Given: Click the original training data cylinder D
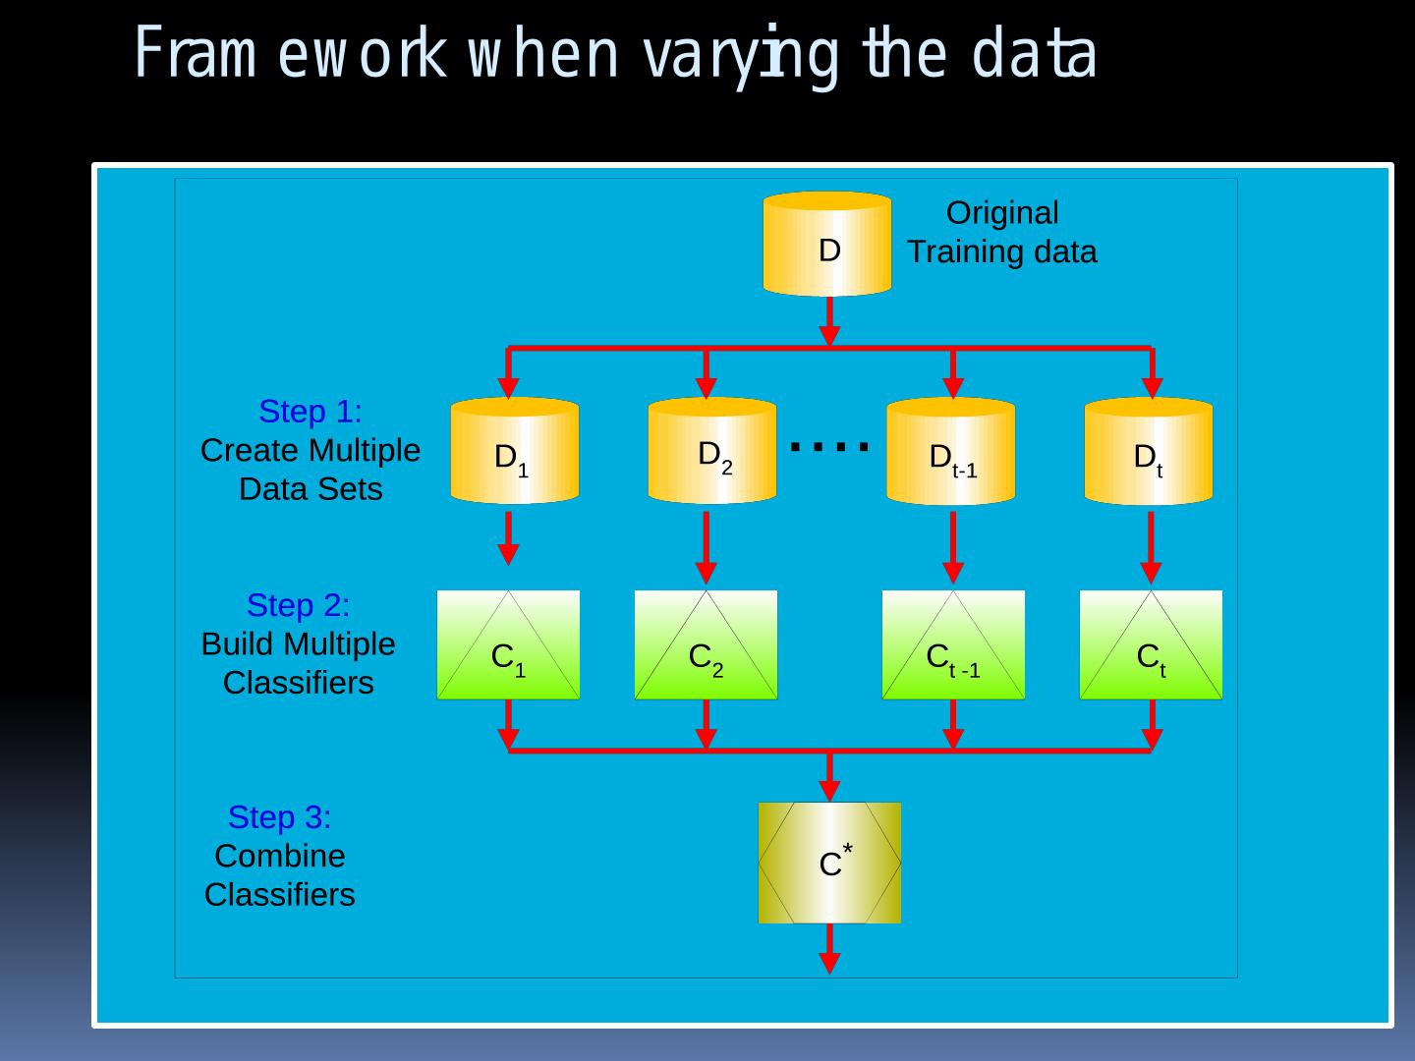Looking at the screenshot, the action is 827,245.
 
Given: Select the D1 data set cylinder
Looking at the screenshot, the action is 514,451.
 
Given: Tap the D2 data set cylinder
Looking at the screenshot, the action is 711,451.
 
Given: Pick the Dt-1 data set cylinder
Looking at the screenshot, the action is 950,451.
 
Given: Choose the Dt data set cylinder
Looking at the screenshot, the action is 1148,451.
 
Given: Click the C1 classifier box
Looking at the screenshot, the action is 508,644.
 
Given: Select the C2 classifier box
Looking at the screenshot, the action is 706,644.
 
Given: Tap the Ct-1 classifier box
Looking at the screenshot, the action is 953,644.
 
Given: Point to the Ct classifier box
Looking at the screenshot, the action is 1151,644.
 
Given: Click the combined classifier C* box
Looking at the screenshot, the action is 829,863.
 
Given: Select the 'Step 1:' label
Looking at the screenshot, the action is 310,411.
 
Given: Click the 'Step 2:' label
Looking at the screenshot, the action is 298,605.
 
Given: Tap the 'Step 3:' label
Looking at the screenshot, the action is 279,817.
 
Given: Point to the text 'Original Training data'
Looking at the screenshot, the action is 1001,232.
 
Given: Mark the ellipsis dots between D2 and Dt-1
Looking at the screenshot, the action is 830,447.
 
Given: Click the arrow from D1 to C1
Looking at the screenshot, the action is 508,538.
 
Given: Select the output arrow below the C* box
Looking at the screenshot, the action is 829,948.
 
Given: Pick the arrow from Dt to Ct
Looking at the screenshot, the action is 1151,546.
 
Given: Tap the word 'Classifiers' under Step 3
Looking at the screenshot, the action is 279,895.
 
